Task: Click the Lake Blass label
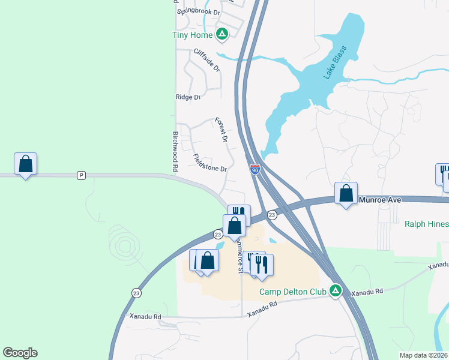point(336,64)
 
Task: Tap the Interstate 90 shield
point(255,170)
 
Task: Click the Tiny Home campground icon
point(221,34)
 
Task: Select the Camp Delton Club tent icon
point(336,291)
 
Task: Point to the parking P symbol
point(82,175)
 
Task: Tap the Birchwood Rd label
point(176,152)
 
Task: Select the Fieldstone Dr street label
point(209,163)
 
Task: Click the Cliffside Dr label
point(207,60)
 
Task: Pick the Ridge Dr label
point(187,97)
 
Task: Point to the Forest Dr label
point(221,130)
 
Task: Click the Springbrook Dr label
point(199,11)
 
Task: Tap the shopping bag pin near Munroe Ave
point(346,193)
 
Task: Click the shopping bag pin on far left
point(26,164)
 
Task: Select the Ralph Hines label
point(426,224)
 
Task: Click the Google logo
point(20,353)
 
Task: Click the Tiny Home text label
point(189,34)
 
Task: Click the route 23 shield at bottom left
point(137,292)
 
